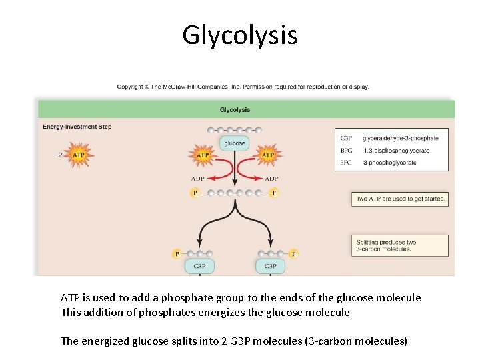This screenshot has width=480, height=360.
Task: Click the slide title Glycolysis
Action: (x=240, y=35)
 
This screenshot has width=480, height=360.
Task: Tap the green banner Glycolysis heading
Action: (x=235, y=110)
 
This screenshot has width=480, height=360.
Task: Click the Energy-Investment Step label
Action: (x=77, y=127)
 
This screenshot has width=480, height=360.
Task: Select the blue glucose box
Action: (x=234, y=143)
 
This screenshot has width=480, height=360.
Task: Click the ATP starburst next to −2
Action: (x=79, y=155)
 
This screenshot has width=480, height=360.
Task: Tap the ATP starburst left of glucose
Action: (x=203, y=155)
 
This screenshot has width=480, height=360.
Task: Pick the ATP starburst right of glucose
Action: (x=267, y=155)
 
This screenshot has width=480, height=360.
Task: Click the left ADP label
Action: (x=198, y=179)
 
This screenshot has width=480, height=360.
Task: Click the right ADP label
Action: (x=271, y=179)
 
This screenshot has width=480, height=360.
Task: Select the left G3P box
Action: (x=199, y=266)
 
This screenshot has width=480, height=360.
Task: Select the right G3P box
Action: (x=270, y=266)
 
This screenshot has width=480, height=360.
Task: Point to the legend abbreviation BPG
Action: (x=346, y=151)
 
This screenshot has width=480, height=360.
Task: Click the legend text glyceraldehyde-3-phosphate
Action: (x=400, y=139)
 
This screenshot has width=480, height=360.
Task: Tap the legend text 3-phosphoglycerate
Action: (x=389, y=163)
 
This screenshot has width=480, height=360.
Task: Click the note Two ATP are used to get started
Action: (x=400, y=199)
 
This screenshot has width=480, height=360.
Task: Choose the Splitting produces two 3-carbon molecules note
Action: (x=400, y=245)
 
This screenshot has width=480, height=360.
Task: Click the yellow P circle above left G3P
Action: (x=177, y=254)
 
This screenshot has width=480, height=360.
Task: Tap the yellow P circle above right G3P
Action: (x=293, y=254)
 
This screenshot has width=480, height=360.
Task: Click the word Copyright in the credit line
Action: (x=130, y=87)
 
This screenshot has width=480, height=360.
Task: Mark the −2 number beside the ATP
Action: (x=58, y=155)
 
